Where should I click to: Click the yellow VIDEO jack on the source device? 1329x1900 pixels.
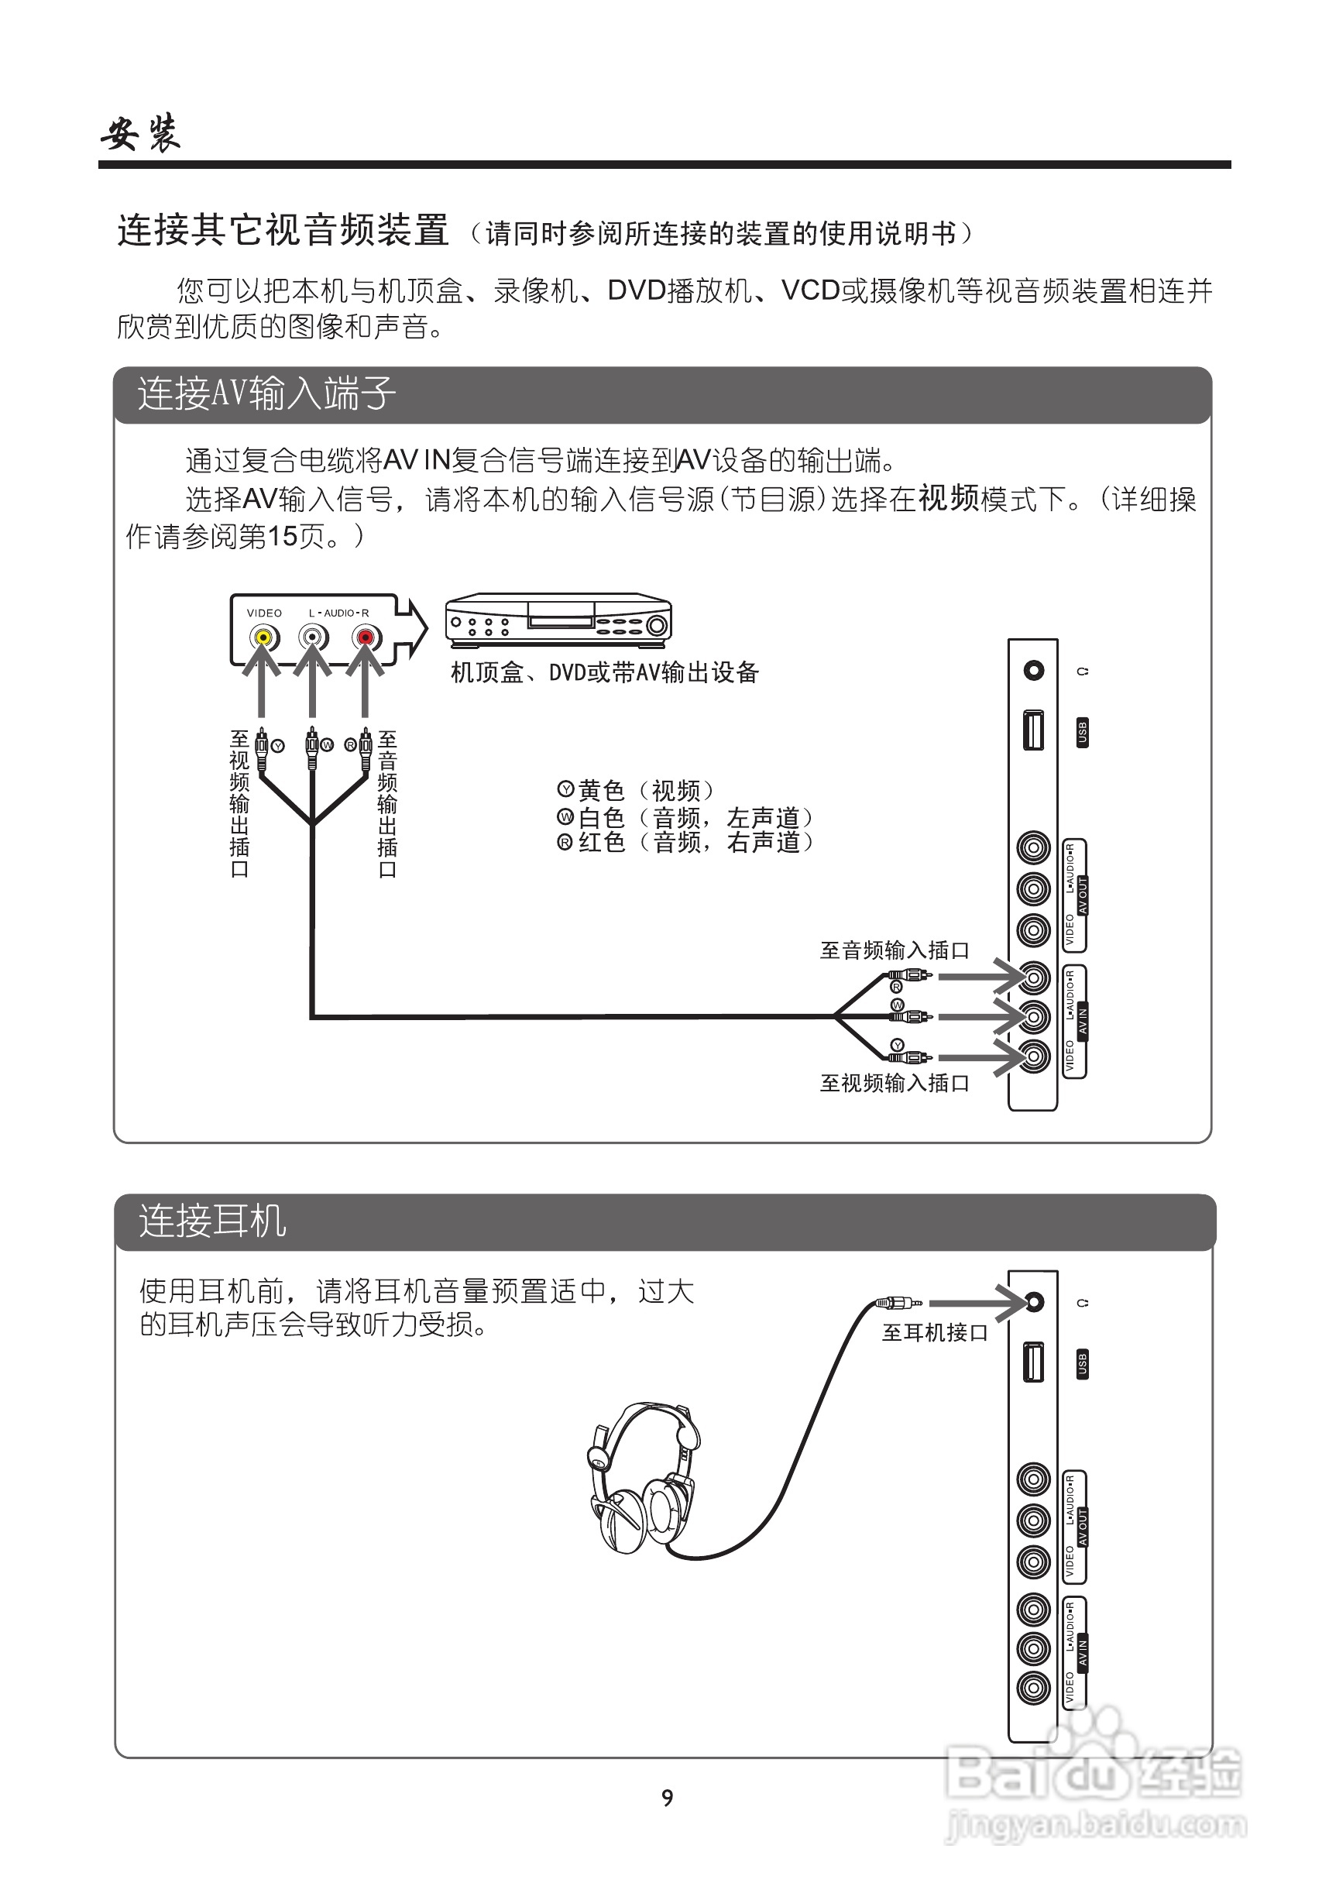point(263,638)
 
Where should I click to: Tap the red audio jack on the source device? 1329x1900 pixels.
point(364,638)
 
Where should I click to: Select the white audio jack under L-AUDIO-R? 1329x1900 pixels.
point(313,638)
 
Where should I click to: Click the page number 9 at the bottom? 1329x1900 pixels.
point(667,1798)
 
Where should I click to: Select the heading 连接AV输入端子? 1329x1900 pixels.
point(266,394)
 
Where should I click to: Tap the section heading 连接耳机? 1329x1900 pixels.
point(213,1221)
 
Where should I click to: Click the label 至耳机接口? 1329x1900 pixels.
point(934,1332)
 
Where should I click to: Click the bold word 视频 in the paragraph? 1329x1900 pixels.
point(948,498)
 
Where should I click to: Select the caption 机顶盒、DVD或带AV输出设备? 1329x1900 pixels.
point(604,672)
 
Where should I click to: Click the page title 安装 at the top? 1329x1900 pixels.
point(141,132)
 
